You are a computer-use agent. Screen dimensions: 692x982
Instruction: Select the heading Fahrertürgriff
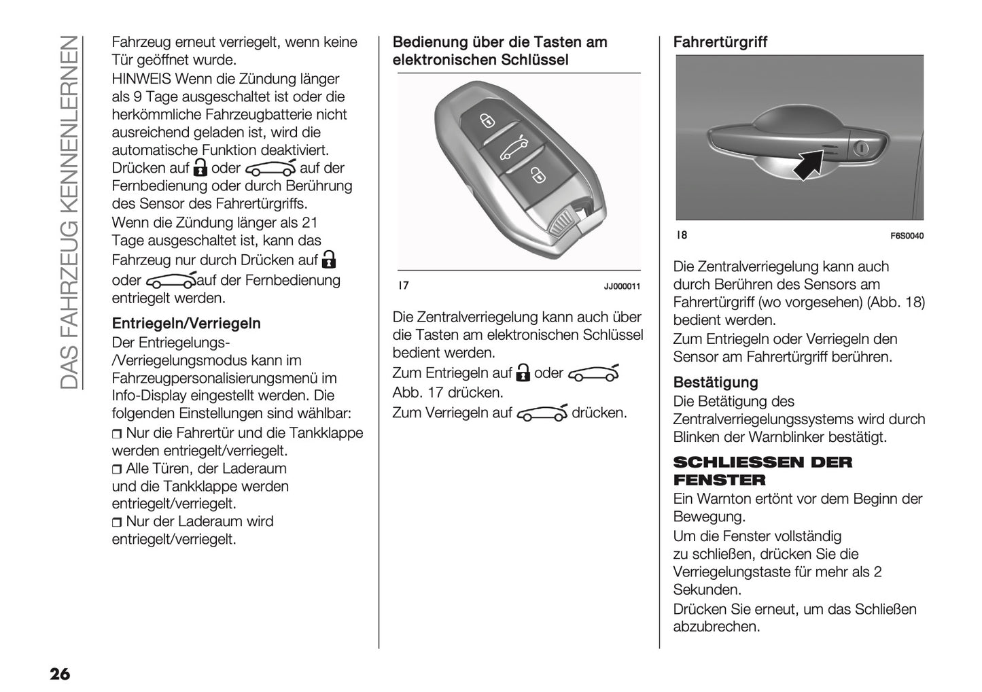(720, 42)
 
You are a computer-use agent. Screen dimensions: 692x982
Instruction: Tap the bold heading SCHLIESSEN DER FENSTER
(762, 471)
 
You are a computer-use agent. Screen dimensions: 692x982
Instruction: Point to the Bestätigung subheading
(715, 383)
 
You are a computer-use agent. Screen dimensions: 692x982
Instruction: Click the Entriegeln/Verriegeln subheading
(186, 324)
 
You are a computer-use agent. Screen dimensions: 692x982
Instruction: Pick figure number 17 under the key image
(403, 286)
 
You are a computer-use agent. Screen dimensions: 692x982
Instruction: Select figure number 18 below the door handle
(682, 235)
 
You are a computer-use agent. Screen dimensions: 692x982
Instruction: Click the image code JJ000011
(622, 286)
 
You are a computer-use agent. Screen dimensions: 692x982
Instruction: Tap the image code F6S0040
(907, 236)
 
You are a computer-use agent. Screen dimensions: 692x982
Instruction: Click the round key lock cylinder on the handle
(861, 148)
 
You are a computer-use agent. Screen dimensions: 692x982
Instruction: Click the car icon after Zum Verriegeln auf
(542, 413)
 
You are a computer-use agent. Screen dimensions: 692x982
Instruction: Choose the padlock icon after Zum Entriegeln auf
(523, 373)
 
